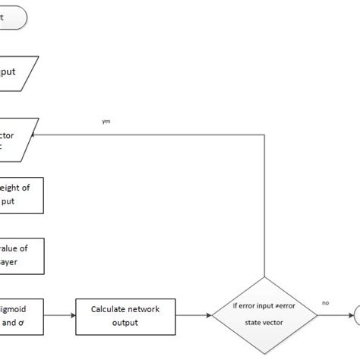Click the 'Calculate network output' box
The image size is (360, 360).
click(x=125, y=314)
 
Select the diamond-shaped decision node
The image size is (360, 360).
click(x=264, y=314)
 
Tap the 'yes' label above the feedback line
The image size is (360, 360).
click(x=106, y=120)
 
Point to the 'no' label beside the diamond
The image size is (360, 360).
click(x=325, y=302)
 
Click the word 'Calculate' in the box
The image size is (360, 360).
click(x=114, y=309)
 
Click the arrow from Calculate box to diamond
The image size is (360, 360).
click(x=193, y=314)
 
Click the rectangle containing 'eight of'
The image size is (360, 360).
click(x=21, y=195)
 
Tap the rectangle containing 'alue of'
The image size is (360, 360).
click(x=21, y=255)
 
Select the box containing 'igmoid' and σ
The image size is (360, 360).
click(x=21, y=315)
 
